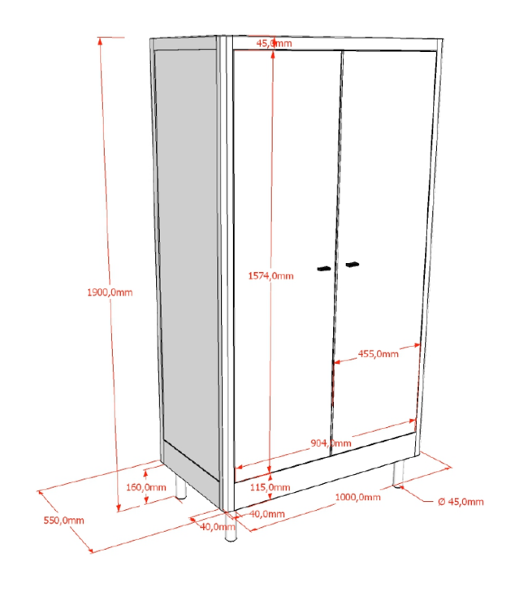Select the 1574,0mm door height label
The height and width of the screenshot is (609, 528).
tap(270, 276)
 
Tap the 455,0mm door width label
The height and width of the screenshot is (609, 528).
tap(379, 353)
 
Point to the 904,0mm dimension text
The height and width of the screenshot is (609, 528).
tap(331, 443)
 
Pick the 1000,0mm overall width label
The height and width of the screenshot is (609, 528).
tap(358, 497)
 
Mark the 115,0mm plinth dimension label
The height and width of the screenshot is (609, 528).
tap(268, 486)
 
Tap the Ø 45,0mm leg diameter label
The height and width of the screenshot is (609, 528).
tap(461, 502)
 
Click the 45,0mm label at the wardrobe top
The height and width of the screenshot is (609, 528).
tap(274, 43)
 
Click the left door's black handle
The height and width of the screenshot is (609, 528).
tap(324, 268)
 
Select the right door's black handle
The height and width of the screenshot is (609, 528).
tap(352, 265)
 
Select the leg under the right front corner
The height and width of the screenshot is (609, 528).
tap(398, 475)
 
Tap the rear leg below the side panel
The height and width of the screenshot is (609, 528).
tap(180, 488)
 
